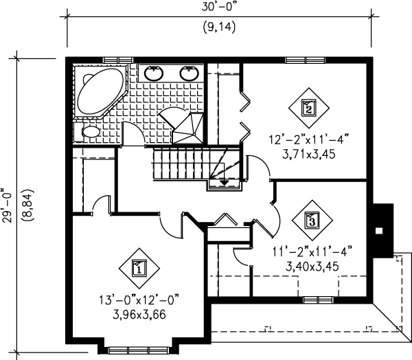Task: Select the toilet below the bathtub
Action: click(90, 131)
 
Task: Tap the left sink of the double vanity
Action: click(154, 71)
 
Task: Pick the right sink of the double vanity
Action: click(187, 71)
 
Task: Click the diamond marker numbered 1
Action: click(137, 267)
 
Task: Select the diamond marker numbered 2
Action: click(308, 108)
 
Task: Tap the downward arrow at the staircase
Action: click(225, 181)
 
